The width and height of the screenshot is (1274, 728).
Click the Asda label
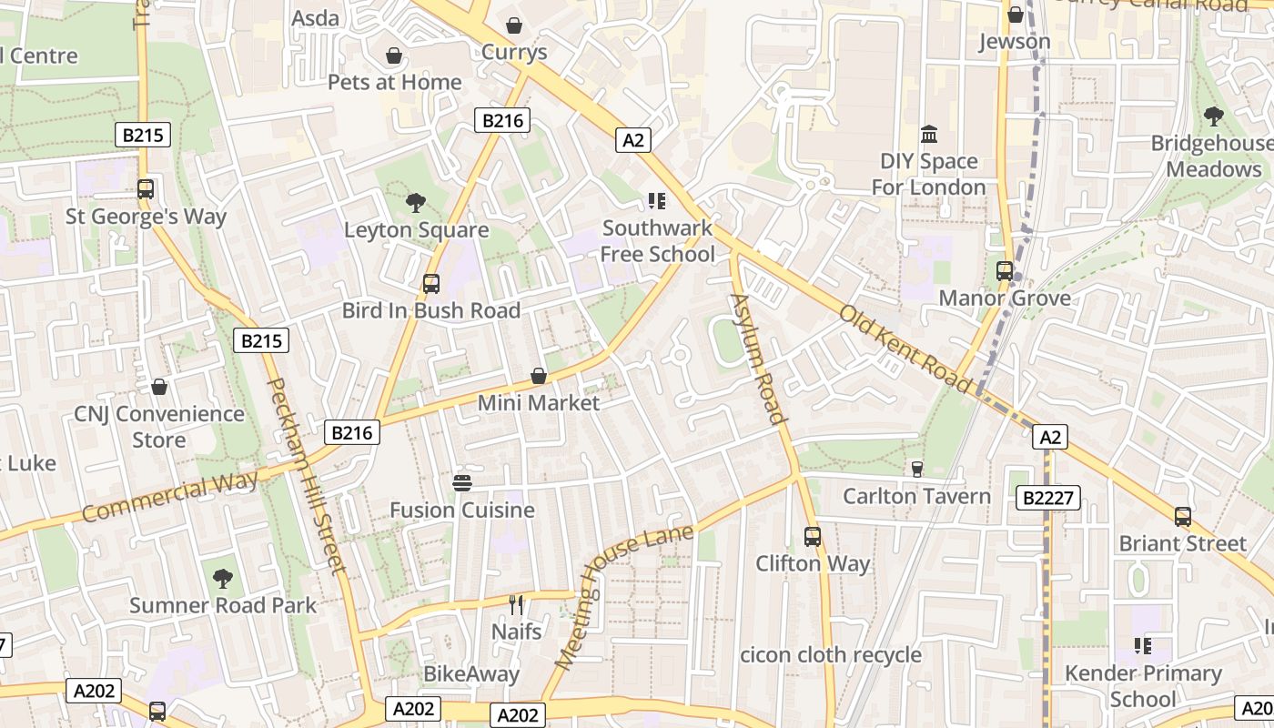point(315,17)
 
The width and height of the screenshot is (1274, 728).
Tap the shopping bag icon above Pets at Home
point(394,56)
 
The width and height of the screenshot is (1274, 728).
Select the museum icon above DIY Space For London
point(929,136)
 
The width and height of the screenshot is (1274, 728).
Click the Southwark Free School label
point(658,241)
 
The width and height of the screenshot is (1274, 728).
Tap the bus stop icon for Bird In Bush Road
point(431,284)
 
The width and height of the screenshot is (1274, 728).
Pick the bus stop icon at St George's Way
point(146,189)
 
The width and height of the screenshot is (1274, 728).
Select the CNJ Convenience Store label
point(159,427)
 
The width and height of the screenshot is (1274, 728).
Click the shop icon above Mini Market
point(539,376)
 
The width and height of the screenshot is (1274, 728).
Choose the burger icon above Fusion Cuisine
point(462,482)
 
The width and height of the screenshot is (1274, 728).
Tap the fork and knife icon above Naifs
point(516,604)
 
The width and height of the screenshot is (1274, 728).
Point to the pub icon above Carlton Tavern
point(917,470)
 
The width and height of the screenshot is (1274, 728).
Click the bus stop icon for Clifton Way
point(813,537)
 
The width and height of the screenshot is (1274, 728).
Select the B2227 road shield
point(1047,498)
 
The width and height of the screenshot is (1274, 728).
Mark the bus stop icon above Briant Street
point(1183,517)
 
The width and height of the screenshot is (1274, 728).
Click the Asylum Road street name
point(758,359)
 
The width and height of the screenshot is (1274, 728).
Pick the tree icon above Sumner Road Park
point(222,578)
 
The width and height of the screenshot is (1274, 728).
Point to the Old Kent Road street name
point(905,349)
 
